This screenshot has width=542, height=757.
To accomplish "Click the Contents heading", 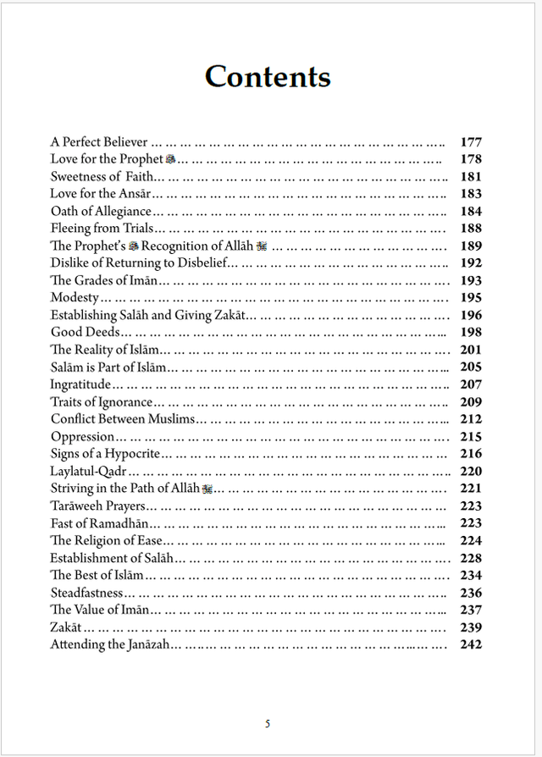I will click(x=268, y=77).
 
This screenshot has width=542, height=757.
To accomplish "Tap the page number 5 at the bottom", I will click(x=268, y=723).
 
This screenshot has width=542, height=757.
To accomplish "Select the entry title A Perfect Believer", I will click(x=99, y=142).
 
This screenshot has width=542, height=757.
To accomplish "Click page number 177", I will click(x=471, y=142).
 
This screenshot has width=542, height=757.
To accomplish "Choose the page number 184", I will click(x=471, y=212).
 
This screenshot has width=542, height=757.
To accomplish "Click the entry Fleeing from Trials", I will click(x=102, y=229).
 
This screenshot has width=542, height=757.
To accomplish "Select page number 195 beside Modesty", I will click(x=471, y=298).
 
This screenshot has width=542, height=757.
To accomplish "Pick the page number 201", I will click(x=471, y=350).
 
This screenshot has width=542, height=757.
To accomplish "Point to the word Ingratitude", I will click(x=80, y=384).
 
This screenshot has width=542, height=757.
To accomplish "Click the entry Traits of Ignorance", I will click(x=102, y=402).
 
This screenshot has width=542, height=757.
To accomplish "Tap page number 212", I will click(x=471, y=419).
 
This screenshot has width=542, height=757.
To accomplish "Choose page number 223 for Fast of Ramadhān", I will click(x=471, y=523).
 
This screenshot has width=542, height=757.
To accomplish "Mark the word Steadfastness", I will click(x=87, y=593).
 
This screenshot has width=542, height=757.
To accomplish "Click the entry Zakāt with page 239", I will click(x=66, y=627).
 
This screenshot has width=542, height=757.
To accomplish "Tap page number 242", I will click(x=471, y=644).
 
